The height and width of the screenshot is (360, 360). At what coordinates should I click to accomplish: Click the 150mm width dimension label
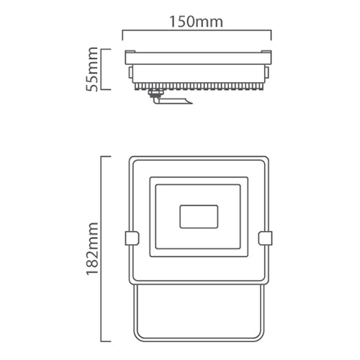tap(196, 21)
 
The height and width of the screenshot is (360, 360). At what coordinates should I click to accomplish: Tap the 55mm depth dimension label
tap(91, 69)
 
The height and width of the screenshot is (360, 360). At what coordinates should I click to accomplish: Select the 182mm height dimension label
tap(91, 248)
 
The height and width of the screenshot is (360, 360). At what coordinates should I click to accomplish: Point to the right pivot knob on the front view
tap(265, 238)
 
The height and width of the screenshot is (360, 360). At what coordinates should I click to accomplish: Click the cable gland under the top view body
tap(154, 93)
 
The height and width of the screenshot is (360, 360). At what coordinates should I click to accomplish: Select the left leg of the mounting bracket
tap(134, 310)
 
